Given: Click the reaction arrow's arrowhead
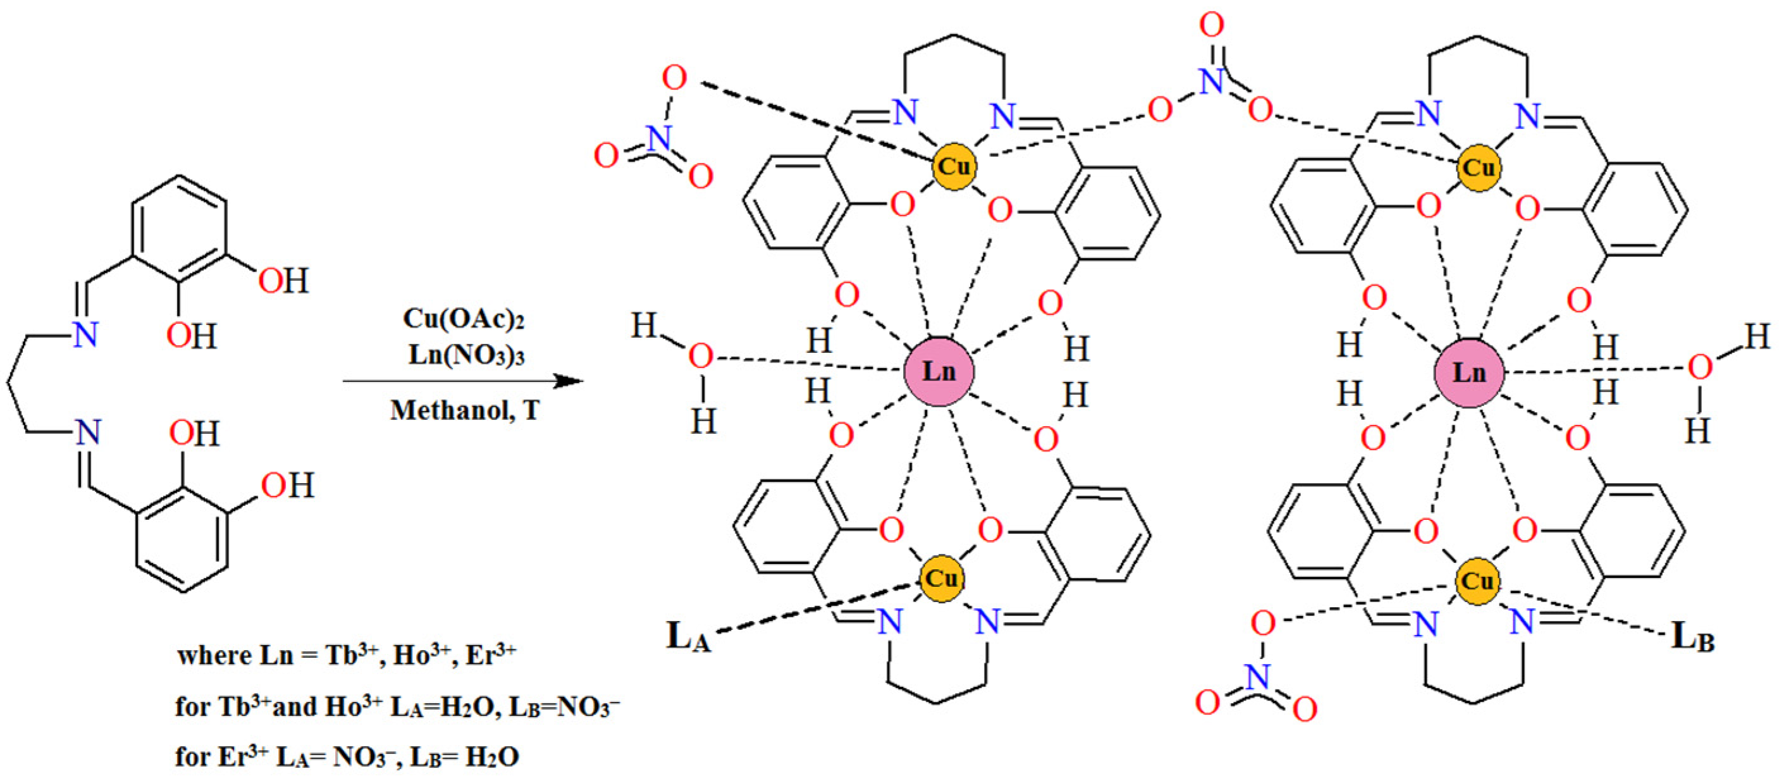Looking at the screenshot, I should pyautogui.click(x=570, y=381).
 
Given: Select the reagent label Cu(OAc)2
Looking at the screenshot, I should pyautogui.click(x=464, y=319).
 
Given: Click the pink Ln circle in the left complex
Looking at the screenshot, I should pyautogui.click(x=939, y=371).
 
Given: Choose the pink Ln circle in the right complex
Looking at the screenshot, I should pyautogui.click(x=1469, y=373).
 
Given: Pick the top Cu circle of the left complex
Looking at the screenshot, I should pyautogui.click(x=954, y=166).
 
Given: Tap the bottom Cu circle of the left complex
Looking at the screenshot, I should pyautogui.click(x=940, y=578).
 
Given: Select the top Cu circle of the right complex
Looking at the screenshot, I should pyautogui.click(x=1479, y=168).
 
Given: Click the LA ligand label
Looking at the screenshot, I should pyautogui.click(x=688, y=636).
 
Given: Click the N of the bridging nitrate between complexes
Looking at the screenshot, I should pyautogui.click(x=1211, y=82).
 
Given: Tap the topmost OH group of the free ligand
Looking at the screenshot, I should pyautogui.click(x=283, y=281).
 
